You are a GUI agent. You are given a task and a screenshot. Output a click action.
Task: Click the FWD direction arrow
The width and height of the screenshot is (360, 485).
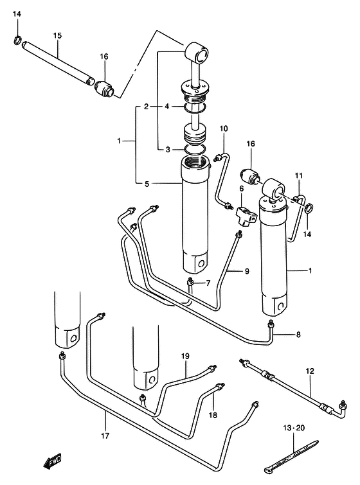click(x=52, y=461)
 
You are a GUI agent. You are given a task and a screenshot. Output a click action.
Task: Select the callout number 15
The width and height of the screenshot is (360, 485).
click(x=57, y=35)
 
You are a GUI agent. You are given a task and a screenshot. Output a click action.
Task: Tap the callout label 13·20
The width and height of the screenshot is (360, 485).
click(x=293, y=428)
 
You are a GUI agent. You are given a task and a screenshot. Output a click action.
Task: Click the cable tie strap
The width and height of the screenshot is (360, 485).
click(x=291, y=457)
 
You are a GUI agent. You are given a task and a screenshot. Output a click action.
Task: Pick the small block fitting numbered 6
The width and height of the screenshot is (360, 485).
click(x=246, y=216)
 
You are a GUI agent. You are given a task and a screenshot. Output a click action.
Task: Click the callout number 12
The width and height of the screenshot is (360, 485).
click(x=310, y=371)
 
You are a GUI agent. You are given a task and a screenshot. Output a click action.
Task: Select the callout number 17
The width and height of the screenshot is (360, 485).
click(x=105, y=436)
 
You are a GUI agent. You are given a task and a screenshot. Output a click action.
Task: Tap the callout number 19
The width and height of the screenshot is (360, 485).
click(x=185, y=356)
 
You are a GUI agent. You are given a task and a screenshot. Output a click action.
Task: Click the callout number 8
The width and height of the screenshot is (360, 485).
click(x=298, y=335)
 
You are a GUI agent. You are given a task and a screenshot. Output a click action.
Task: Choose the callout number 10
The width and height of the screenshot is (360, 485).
click(x=224, y=128)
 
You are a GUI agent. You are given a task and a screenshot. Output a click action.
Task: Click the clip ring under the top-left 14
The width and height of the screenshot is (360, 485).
click(x=17, y=40)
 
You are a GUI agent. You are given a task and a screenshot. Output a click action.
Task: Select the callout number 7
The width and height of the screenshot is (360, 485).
click(x=208, y=283)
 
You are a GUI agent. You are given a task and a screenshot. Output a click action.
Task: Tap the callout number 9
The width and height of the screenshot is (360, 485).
click(x=247, y=272)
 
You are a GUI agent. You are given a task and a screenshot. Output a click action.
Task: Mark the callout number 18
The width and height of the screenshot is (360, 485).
click(x=213, y=415)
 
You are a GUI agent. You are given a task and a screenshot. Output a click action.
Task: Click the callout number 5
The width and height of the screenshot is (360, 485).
click(x=147, y=184)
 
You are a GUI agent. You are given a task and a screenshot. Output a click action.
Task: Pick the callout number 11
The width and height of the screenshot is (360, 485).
click(x=298, y=175)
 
